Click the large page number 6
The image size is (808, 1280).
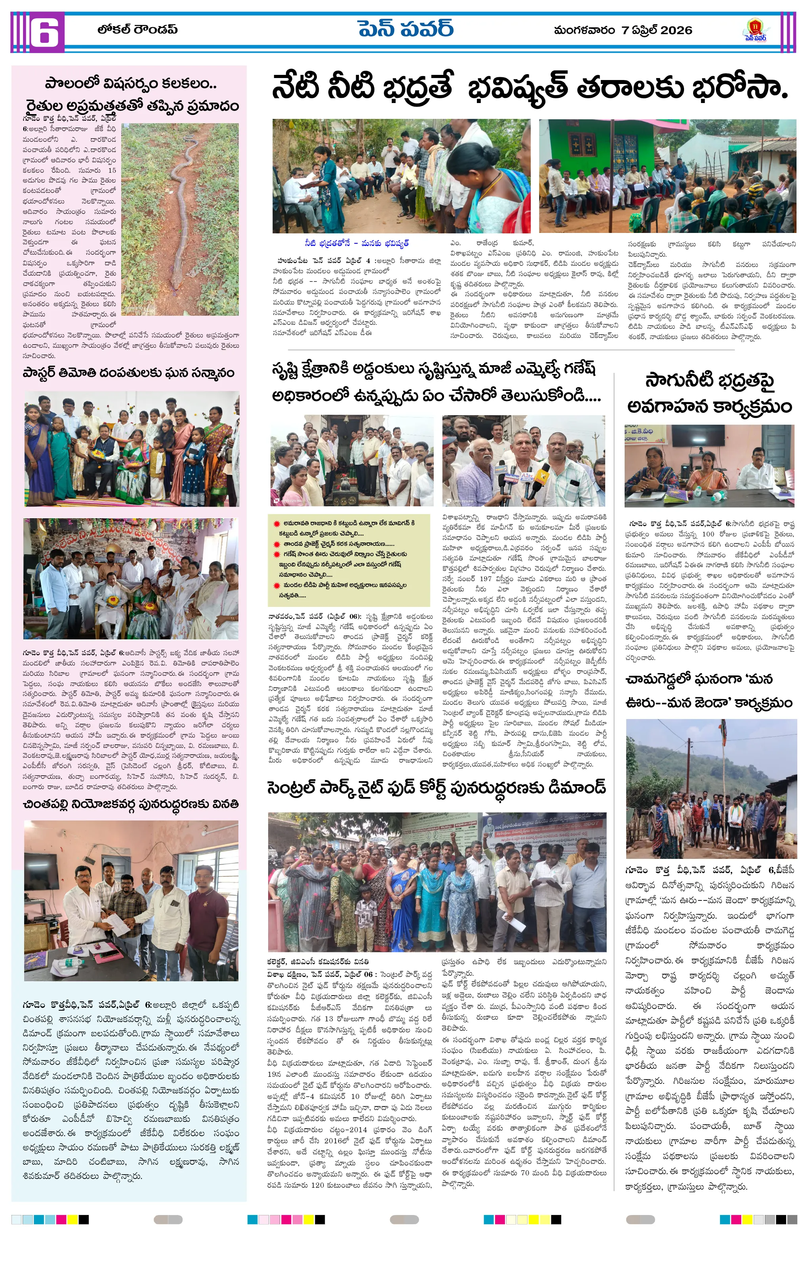44,33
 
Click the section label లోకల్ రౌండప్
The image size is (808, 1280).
137,29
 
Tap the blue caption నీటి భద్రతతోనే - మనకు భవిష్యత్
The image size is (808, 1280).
357,244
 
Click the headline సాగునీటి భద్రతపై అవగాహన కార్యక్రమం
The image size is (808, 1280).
710,394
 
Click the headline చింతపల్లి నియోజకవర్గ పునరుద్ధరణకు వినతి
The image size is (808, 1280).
131,804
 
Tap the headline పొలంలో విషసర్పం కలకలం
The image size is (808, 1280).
131,84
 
